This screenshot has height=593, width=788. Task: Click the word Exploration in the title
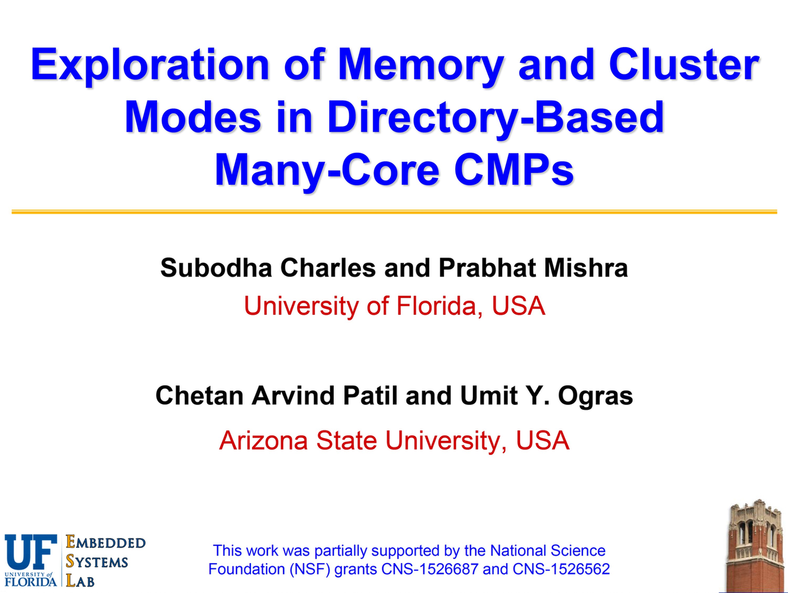(151, 65)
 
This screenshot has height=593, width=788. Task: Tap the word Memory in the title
(419, 65)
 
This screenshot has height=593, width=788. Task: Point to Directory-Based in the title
(495, 117)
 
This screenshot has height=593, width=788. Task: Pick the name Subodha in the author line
(216, 267)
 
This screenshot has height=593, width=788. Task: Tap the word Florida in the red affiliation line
(436, 306)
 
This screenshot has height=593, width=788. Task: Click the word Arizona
(263, 440)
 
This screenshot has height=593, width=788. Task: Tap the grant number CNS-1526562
(561, 569)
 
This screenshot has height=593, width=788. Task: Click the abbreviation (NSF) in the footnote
(309, 569)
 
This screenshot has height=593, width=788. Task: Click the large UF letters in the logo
(31, 553)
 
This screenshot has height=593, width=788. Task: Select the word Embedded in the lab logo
(106, 542)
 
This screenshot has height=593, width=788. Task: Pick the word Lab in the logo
(80, 581)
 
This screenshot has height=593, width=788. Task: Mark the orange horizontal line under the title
(394, 212)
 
